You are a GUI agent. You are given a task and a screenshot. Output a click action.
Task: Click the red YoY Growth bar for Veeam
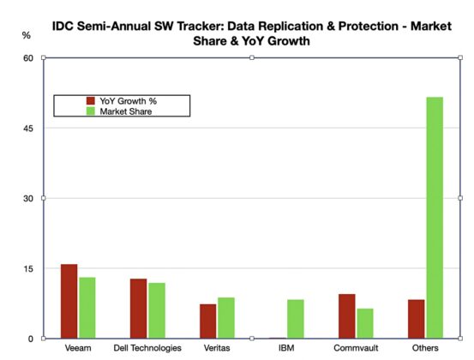pyautogui.click(x=69, y=301)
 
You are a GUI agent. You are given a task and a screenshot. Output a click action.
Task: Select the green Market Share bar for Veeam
pyautogui.click(x=87, y=308)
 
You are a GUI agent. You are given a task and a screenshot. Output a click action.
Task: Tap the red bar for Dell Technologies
pyautogui.click(x=138, y=309)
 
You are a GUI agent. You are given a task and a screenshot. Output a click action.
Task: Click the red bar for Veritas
pyautogui.click(x=208, y=321)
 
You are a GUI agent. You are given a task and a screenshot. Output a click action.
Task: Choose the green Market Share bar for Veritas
pyautogui.click(x=225, y=318)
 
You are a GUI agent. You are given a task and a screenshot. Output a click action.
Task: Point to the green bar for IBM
pyautogui.click(x=295, y=319)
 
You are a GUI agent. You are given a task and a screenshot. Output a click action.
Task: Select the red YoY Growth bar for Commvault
pyautogui.click(x=347, y=316)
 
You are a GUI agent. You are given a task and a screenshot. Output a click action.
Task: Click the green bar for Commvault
pyautogui.click(x=365, y=323)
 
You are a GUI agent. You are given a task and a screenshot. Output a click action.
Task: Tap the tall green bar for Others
pyautogui.click(x=435, y=218)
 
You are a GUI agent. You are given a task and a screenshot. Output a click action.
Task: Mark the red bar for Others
pyautogui.click(x=417, y=319)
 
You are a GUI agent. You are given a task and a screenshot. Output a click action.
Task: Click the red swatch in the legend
pyautogui.click(x=92, y=100)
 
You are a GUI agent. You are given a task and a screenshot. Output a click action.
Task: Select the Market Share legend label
pyautogui.click(x=129, y=111)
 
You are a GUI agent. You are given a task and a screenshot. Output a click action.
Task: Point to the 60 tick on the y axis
pyautogui.click(x=27, y=58)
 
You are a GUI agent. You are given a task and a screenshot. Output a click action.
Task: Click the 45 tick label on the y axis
pyautogui.click(x=27, y=129)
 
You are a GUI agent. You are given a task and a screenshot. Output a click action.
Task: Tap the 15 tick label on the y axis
pyautogui.click(x=27, y=268)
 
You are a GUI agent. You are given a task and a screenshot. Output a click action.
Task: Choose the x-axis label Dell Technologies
pyautogui.click(x=147, y=349)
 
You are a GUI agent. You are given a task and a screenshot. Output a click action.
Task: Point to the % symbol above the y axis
pyautogui.click(x=27, y=35)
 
